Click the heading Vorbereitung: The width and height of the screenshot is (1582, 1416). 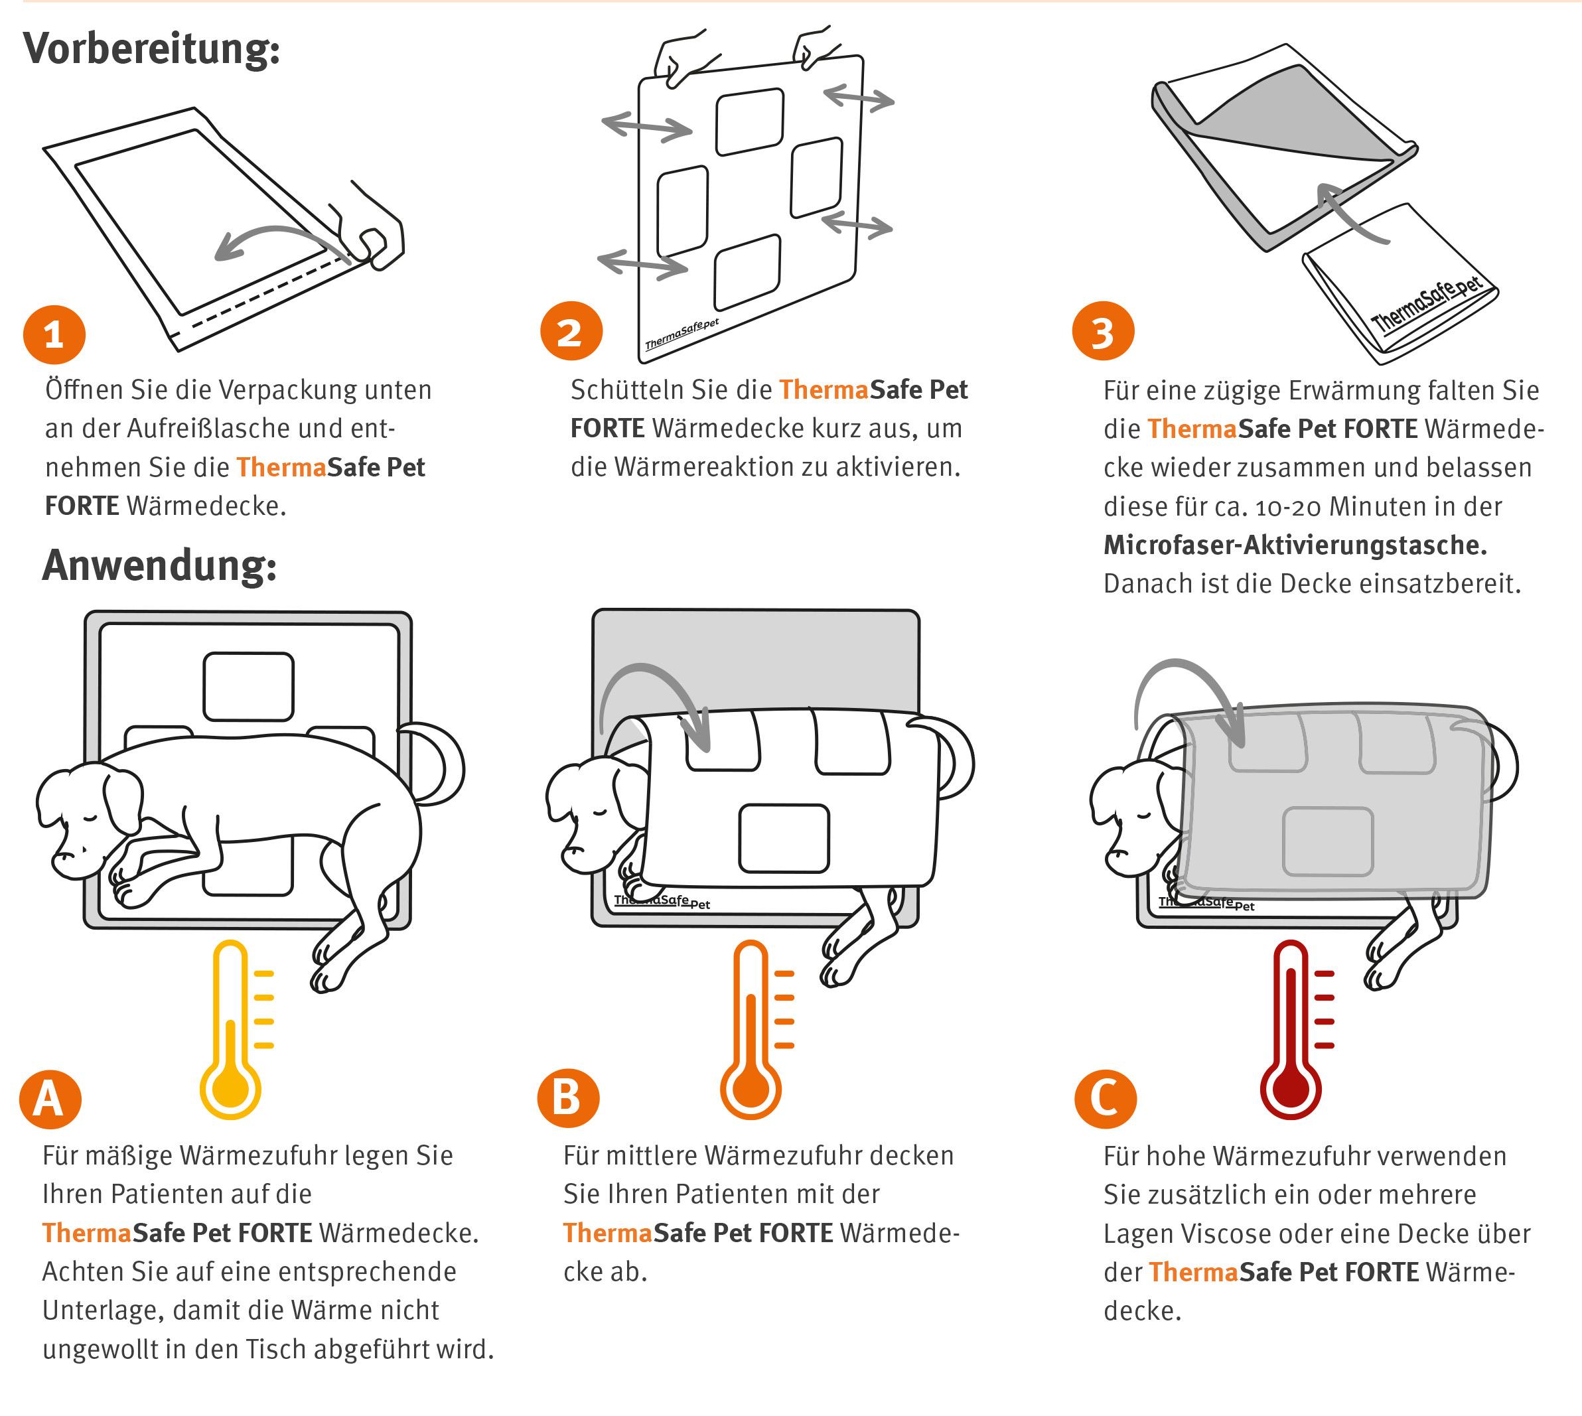[152, 49]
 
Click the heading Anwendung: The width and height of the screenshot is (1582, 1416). [159, 565]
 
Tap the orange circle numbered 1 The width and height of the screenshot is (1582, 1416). [54, 334]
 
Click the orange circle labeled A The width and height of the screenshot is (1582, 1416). [50, 1099]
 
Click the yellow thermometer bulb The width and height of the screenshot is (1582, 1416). [230, 1085]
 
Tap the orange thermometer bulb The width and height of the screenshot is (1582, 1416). [750, 1085]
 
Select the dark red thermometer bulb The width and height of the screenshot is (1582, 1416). [1290, 1085]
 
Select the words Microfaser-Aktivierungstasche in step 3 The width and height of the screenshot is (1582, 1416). [1295, 545]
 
